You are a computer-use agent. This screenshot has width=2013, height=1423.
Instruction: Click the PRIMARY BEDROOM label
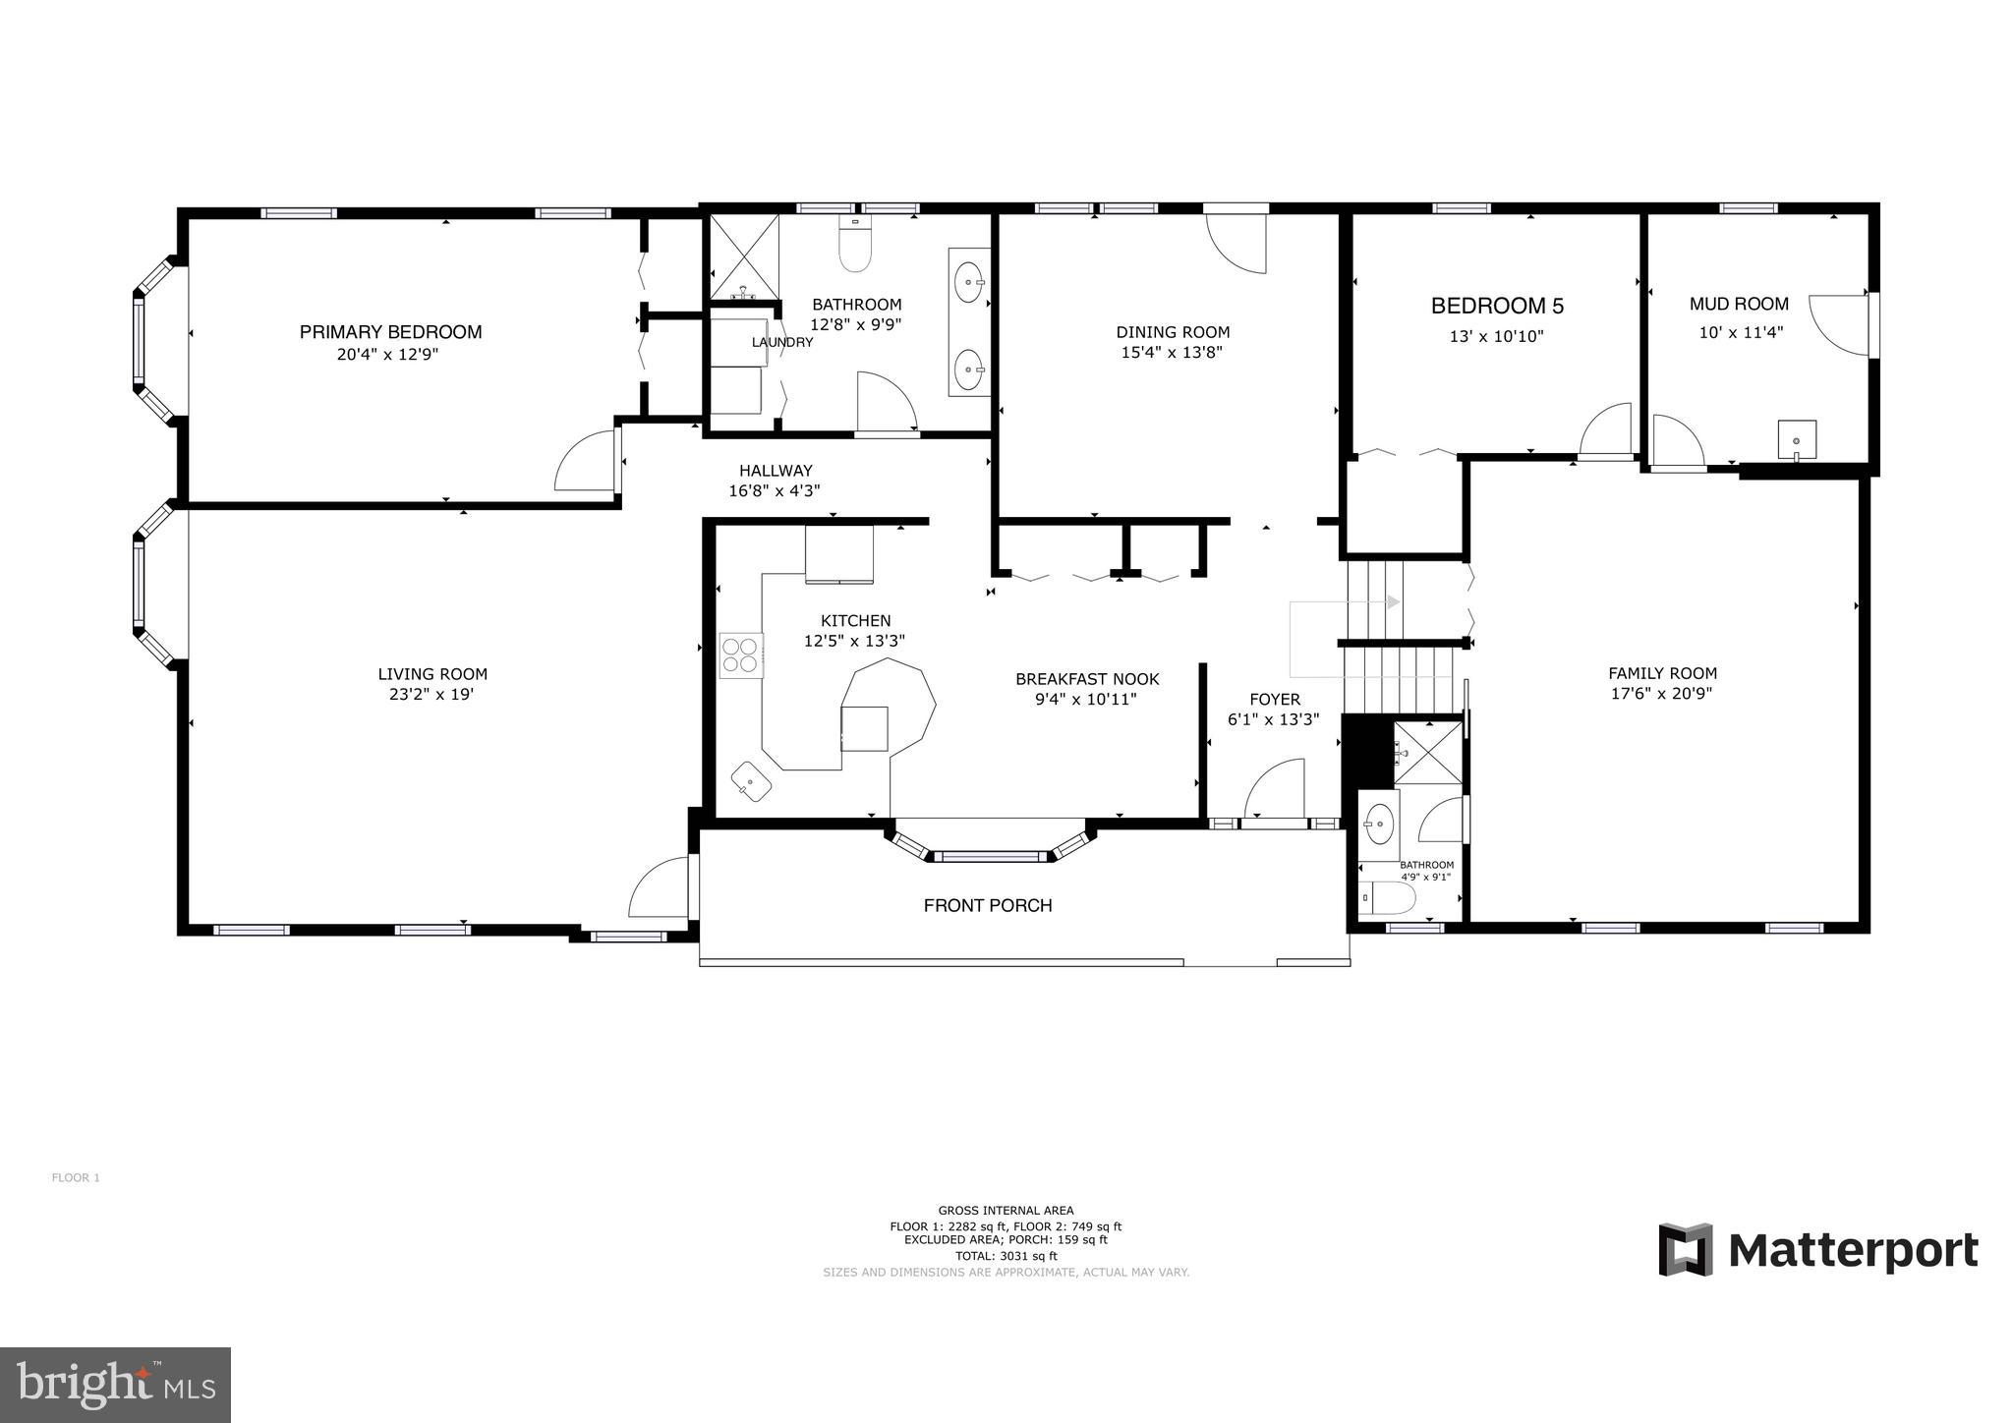[x=390, y=332]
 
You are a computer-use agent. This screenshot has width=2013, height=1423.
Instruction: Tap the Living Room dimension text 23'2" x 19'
[x=432, y=695]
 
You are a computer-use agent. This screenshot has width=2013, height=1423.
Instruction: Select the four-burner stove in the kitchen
[x=741, y=655]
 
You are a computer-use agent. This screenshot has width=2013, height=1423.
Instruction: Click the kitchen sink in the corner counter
[x=751, y=781]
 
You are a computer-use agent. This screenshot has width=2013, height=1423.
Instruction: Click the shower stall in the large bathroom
[x=744, y=256]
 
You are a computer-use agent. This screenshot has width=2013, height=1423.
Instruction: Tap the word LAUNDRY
[x=782, y=342]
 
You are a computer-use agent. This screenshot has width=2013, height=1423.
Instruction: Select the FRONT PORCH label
[x=987, y=905]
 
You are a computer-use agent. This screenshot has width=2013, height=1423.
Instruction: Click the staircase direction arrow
[x=1392, y=601]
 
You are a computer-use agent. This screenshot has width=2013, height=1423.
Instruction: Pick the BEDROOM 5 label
[x=1496, y=306]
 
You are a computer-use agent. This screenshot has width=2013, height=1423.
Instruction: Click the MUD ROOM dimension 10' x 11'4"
[x=1741, y=332]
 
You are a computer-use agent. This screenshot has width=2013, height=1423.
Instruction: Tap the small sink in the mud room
[x=1796, y=439]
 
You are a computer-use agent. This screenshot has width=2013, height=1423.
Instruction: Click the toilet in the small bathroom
[x=1391, y=897]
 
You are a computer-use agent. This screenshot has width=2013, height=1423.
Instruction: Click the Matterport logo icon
[x=1685, y=1249]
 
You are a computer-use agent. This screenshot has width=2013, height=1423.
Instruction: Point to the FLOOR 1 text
[x=76, y=1177]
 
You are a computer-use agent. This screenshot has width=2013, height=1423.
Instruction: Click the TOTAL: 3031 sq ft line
[x=1006, y=1256]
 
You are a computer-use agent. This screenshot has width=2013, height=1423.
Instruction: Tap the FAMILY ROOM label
[x=1662, y=673]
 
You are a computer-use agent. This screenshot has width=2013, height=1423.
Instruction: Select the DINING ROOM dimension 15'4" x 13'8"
[x=1172, y=353]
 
